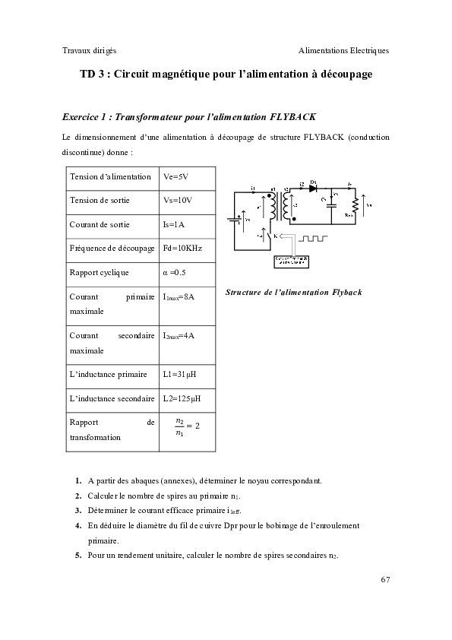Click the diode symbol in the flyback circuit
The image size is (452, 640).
click(x=313, y=188)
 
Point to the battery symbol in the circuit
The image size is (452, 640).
click(x=236, y=217)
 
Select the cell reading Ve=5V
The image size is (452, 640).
click(x=175, y=176)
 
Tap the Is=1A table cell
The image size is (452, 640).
click(x=175, y=224)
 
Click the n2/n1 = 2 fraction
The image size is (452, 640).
click(x=186, y=426)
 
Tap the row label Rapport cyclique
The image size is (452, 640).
click(x=99, y=272)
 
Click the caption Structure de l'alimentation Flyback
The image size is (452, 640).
click(x=294, y=292)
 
